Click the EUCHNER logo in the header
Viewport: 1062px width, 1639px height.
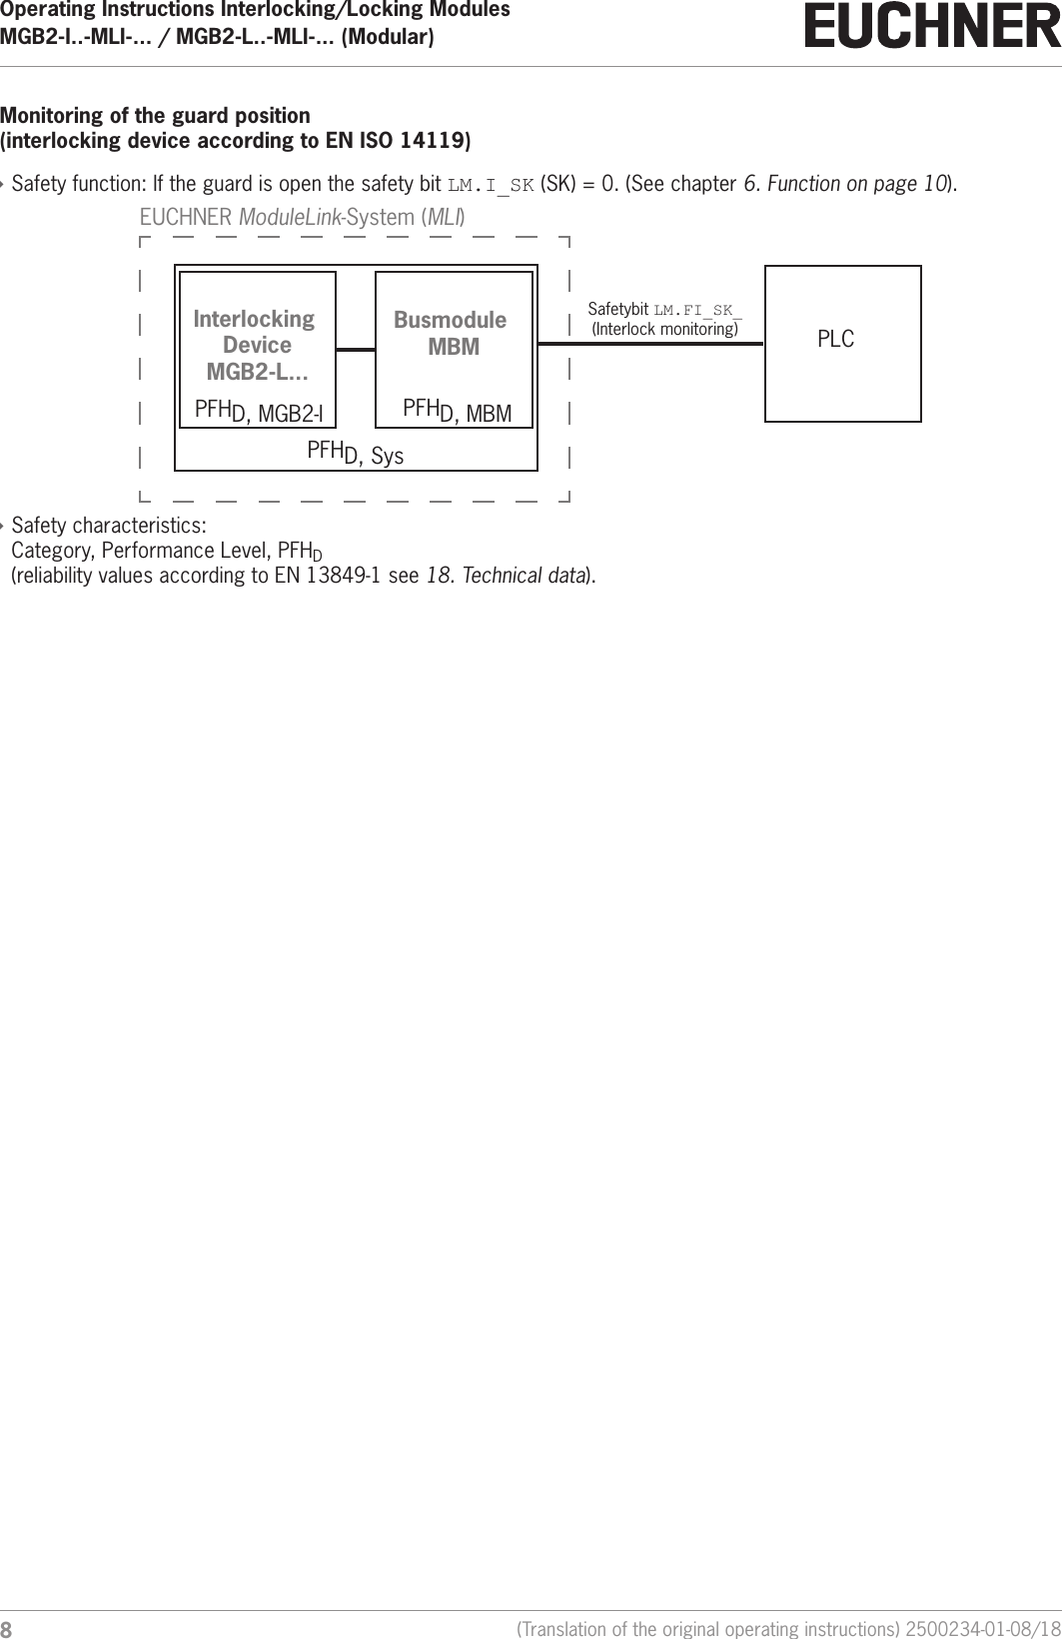click(x=932, y=27)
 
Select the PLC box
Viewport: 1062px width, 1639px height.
click(x=842, y=343)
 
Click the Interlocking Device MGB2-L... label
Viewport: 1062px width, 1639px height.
click(x=255, y=345)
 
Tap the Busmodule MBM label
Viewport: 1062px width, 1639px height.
click(x=451, y=333)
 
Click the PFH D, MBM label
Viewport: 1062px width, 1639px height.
click(x=457, y=411)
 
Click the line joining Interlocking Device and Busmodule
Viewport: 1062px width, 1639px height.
click(x=355, y=349)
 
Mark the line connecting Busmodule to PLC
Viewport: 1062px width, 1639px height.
click(x=650, y=343)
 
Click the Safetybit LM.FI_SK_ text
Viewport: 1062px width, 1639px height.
click(x=664, y=309)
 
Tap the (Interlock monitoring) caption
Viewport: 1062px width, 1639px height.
click(x=665, y=329)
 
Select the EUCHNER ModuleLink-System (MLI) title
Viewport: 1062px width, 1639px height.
click(x=302, y=217)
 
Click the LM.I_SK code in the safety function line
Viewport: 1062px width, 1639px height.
click(x=491, y=185)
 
